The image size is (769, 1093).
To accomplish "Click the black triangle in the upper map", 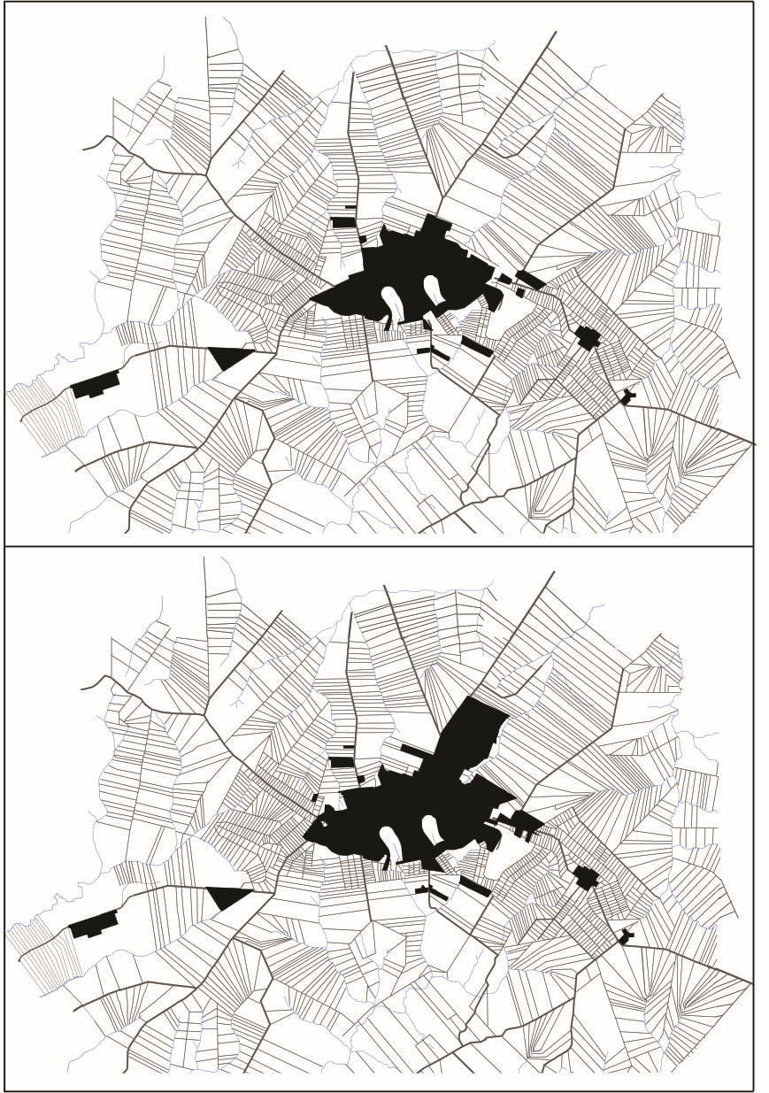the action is pos(228,357).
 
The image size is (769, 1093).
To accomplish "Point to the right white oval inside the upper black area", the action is pos(434,289).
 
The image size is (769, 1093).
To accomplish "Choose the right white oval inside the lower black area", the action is pos(433,829).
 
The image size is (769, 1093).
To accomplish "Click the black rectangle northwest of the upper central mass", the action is pos(342,222).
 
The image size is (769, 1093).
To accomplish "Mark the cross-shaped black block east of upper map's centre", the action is pos(587,338).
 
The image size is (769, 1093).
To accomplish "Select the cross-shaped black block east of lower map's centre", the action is pos(585,878).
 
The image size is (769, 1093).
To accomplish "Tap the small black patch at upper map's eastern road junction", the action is pos(627,396).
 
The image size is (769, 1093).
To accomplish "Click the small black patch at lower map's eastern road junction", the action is pos(627,935).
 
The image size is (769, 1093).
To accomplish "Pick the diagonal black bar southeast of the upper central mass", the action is pos(477,346).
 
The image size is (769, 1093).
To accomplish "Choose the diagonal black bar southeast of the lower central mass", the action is pos(475,886).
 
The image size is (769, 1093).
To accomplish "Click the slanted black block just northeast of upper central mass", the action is pos(530,280).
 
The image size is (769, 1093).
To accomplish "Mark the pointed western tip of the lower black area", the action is pos(307,835).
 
